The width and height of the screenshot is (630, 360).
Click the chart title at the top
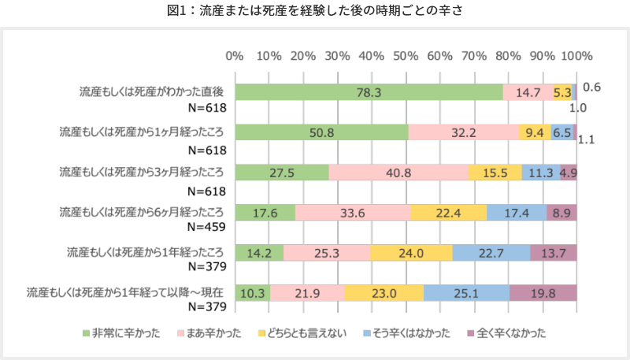coord(314,11)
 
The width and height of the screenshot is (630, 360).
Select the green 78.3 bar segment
coord(369,92)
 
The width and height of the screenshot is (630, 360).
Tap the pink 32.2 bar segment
coord(464,132)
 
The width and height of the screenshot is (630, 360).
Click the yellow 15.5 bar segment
coord(495,173)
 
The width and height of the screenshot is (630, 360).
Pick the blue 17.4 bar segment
coord(516,213)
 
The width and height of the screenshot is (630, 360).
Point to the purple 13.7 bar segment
coord(554,253)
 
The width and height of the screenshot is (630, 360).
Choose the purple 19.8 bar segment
coord(543,293)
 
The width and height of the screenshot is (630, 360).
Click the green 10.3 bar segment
coord(252,293)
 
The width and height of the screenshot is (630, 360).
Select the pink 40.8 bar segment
coord(398,173)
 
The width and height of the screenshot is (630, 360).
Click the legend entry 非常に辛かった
coord(122,332)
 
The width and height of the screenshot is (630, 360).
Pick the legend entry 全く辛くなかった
coord(505,332)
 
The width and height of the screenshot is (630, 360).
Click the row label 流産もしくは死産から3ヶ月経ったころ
coord(142,171)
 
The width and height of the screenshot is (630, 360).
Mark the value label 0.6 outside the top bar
coord(591,87)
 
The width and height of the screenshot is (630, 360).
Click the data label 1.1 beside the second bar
coord(587,139)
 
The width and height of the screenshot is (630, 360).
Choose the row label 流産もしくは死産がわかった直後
coord(152,91)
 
